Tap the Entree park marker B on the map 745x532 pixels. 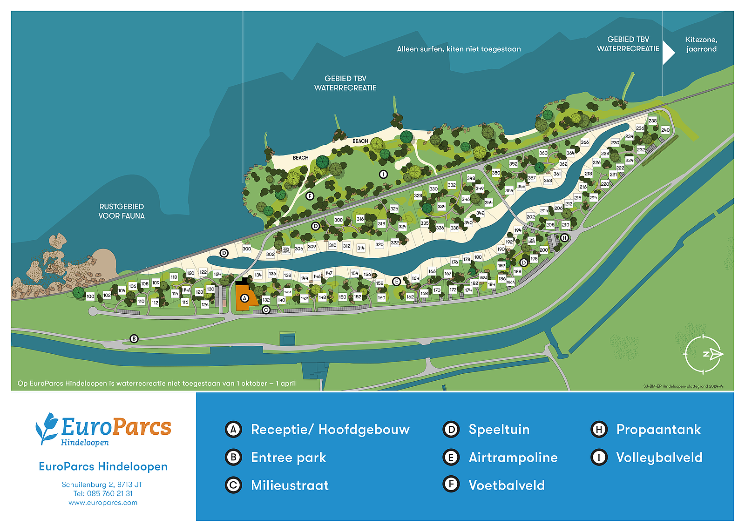click(134, 339)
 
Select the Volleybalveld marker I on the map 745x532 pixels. click(383, 175)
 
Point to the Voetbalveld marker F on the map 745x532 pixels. click(310, 196)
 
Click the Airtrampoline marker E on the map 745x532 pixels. click(396, 282)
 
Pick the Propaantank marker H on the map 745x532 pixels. click(564, 238)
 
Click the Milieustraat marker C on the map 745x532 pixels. click(266, 310)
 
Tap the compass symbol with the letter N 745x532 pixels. click(704, 354)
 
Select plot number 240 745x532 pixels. click(665, 130)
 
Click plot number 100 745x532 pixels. click(90, 296)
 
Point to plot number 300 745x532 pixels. click(247, 249)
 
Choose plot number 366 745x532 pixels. click(585, 142)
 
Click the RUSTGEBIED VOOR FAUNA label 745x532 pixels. click(122, 211)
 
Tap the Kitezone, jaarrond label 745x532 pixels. click(701, 44)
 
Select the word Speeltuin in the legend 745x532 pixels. click(499, 429)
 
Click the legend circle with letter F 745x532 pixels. click(451, 485)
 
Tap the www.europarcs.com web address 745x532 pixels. click(103, 503)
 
